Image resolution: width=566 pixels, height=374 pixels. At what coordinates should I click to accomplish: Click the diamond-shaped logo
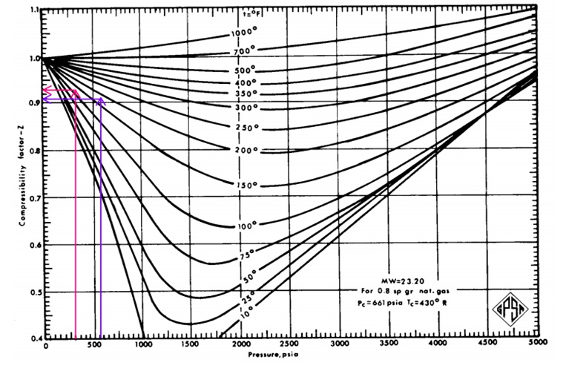(x=506, y=306)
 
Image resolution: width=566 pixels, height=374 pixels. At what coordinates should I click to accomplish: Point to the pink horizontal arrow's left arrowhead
(x=47, y=92)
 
